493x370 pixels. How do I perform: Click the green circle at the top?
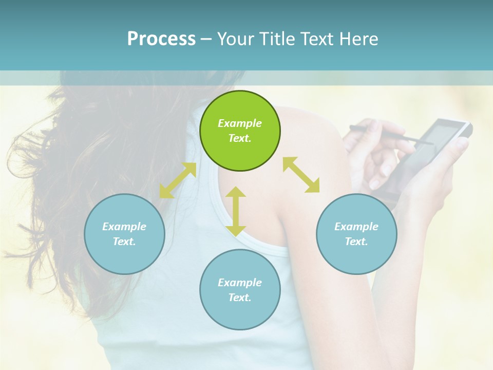[x=240, y=131]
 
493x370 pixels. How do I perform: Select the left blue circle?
[x=124, y=234]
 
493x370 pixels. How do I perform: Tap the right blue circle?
[x=356, y=234]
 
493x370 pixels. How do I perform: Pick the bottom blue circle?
[x=240, y=290]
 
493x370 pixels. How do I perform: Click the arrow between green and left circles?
[x=178, y=180]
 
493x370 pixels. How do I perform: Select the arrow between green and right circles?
[x=301, y=175]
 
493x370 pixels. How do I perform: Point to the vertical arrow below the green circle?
[x=236, y=211]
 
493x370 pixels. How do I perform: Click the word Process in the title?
[x=161, y=39]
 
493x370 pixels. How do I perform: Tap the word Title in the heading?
[x=278, y=39]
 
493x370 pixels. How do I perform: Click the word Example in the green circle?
[x=240, y=123]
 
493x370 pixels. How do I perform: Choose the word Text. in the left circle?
[x=124, y=242]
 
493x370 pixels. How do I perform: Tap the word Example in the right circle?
[x=356, y=227]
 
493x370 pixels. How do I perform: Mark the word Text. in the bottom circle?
[x=240, y=298]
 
